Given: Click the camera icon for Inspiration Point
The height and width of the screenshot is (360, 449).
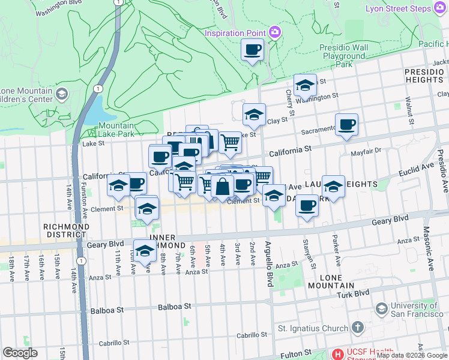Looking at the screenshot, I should click(x=275, y=32).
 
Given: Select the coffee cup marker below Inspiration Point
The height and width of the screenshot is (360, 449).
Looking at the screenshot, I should click(x=253, y=50).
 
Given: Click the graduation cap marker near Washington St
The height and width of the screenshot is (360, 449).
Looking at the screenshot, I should click(x=305, y=86).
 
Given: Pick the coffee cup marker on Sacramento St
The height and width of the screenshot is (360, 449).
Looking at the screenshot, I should click(x=346, y=125).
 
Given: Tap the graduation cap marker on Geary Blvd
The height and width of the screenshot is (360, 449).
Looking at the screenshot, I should click(x=145, y=251).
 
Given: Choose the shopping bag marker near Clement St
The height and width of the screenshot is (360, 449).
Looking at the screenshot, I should click(x=222, y=187).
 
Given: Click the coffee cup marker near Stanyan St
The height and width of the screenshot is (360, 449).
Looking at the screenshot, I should click(x=307, y=206).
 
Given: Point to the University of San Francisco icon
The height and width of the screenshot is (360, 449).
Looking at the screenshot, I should click(x=381, y=308).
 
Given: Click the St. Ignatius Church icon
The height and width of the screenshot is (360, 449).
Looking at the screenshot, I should click(x=358, y=328).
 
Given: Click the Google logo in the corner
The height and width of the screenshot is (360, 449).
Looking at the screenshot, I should click(x=20, y=353).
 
